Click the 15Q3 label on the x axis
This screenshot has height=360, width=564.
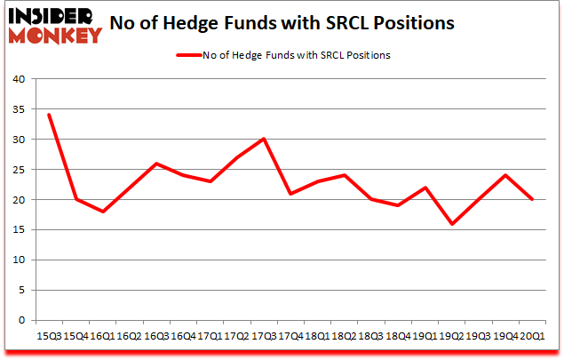click(x=49, y=335)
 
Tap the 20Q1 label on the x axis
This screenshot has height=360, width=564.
click(x=532, y=335)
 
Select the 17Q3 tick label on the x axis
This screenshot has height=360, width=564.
click(x=264, y=335)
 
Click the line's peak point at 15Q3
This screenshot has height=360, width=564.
click(x=49, y=115)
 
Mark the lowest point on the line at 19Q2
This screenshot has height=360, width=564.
click(x=451, y=224)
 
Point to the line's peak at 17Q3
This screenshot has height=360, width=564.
click(x=264, y=139)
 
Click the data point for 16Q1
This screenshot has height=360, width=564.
click(x=103, y=212)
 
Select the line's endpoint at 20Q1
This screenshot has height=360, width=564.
click(x=532, y=199)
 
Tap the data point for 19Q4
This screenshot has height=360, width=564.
click(x=505, y=175)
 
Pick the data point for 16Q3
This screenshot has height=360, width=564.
click(x=156, y=164)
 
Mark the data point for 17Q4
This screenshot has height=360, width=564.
click(x=290, y=194)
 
